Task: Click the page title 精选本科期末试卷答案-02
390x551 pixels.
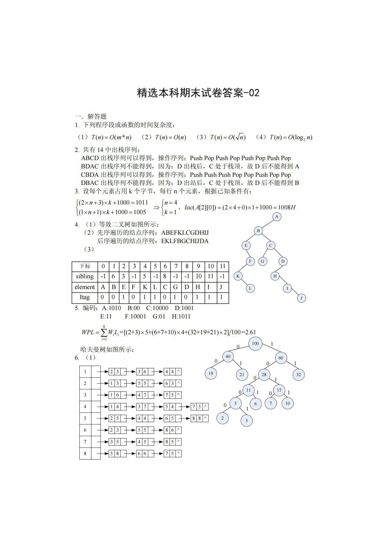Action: [198, 93]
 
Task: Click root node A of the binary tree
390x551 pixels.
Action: [277, 217]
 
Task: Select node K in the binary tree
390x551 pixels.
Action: [238, 276]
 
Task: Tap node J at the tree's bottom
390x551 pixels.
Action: [301, 298]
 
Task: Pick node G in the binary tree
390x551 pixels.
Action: [262, 261]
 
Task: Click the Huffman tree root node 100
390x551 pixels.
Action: [255, 343]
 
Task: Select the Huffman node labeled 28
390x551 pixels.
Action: [264, 375]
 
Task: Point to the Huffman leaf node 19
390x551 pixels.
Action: [211, 374]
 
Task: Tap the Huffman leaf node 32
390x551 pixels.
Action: [298, 375]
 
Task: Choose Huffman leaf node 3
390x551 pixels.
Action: [246, 421]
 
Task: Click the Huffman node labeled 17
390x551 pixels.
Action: [279, 390]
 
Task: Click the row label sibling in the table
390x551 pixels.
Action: [85, 276]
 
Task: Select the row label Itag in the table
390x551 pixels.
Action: [85, 297]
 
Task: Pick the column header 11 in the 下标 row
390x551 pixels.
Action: [223, 266]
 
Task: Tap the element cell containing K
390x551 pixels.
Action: [145, 287]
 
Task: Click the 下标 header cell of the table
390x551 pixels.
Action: [85, 266]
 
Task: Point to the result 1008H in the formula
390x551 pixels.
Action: [286, 207]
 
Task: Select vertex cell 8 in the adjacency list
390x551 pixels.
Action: [85, 453]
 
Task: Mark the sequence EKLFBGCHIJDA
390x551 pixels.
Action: [185, 241]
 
